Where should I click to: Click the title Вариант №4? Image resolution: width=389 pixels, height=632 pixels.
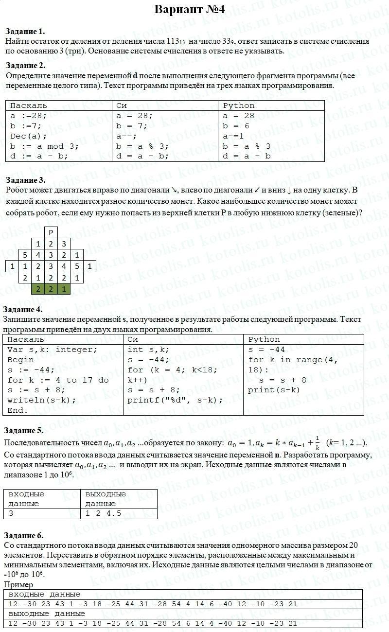(189, 9)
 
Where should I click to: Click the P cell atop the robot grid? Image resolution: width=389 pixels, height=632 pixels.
(51, 232)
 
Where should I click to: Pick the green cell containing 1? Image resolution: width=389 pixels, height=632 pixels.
(64, 289)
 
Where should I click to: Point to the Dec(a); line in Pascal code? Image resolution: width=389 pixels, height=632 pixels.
(29, 136)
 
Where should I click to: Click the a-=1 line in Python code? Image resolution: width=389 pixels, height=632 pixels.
(233, 136)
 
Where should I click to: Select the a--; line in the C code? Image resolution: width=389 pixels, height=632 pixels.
(126, 136)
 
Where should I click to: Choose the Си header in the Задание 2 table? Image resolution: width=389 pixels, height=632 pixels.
(122, 105)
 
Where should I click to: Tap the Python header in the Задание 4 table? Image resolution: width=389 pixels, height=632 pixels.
(264, 339)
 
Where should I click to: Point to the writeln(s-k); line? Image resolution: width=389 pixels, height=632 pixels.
(42, 400)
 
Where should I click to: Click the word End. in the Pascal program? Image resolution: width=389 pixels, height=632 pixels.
(18, 410)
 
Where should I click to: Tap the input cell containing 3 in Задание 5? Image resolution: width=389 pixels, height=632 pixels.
(11, 513)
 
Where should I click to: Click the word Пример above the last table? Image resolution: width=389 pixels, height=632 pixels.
(18, 585)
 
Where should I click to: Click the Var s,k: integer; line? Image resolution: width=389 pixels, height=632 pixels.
(53, 350)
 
